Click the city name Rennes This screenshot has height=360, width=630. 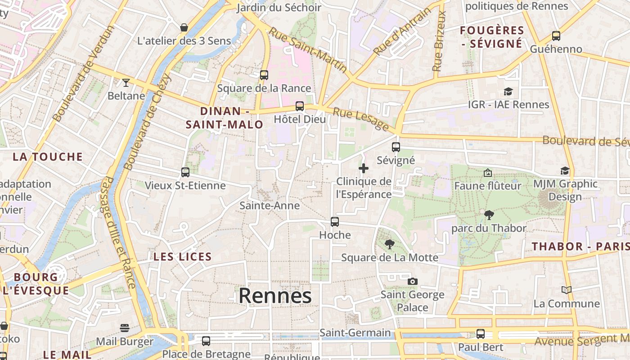[275, 296]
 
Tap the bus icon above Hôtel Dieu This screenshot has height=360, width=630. [300, 106]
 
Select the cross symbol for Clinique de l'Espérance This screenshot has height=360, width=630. [364, 168]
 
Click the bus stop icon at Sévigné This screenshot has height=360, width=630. [396, 147]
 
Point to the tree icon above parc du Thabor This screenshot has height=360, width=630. [489, 215]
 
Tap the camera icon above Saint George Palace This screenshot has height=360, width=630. [412, 282]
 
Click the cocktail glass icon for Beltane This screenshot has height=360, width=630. [126, 82]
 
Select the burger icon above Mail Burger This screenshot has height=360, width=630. [125, 328]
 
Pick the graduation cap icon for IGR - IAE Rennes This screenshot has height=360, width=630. [508, 91]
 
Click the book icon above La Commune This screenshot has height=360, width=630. [566, 290]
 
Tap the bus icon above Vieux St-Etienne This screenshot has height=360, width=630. [185, 172]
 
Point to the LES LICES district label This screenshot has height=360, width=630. [182, 257]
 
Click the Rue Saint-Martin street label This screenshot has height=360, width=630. [308, 50]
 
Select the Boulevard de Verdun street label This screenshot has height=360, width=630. [84, 73]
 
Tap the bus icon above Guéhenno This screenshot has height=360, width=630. [556, 36]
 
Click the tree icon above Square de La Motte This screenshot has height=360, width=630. [390, 244]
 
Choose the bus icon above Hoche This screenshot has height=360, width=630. [335, 222]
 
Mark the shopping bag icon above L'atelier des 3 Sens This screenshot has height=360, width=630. [184, 27]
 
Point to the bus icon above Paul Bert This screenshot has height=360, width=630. [481, 334]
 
